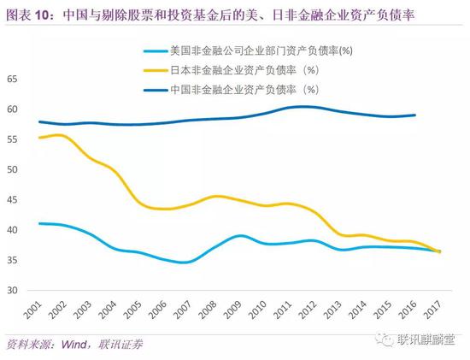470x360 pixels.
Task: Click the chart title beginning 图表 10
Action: click(x=214, y=10)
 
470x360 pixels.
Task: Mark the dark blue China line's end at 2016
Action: click(x=415, y=115)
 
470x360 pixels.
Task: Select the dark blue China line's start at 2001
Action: click(x=39, y=121)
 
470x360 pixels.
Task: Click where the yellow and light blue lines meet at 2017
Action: click(x=440, y=251)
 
